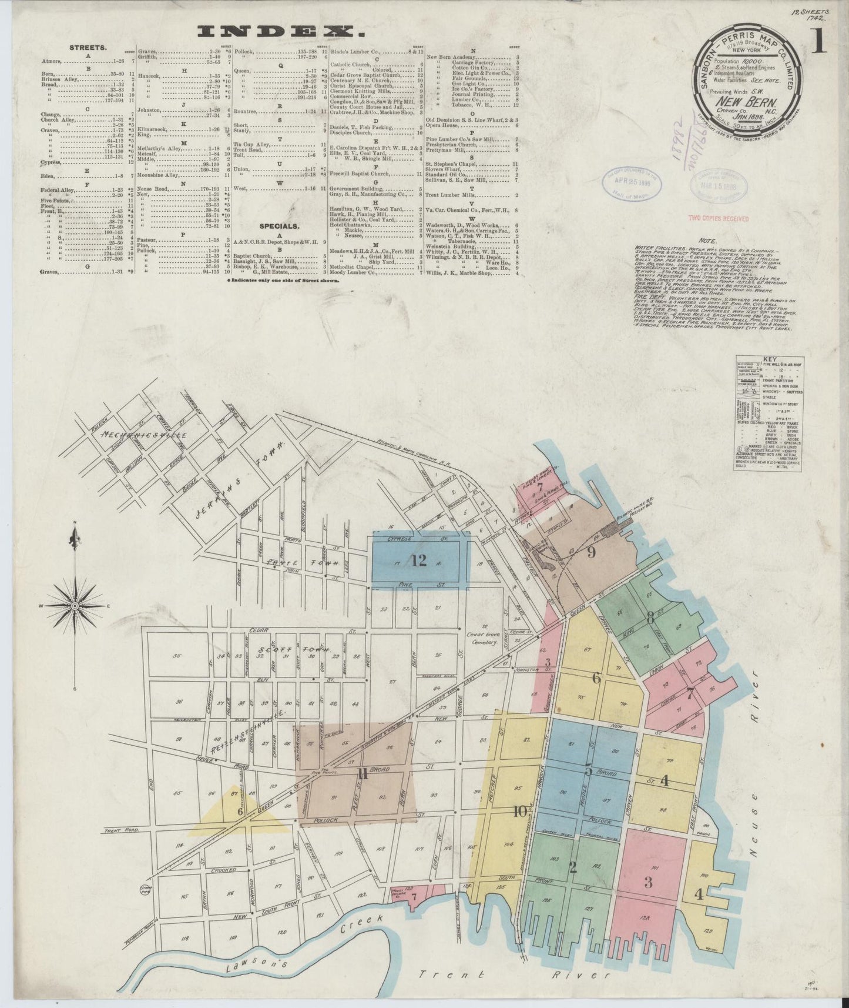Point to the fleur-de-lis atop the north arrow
(74, 537)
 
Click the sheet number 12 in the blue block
(419, 560)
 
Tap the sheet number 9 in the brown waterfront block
(591, 552)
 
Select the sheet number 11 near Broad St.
(363, 774)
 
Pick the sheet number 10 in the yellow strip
(519, 812)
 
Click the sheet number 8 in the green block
(650, 618)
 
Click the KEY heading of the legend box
(769, 358)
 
